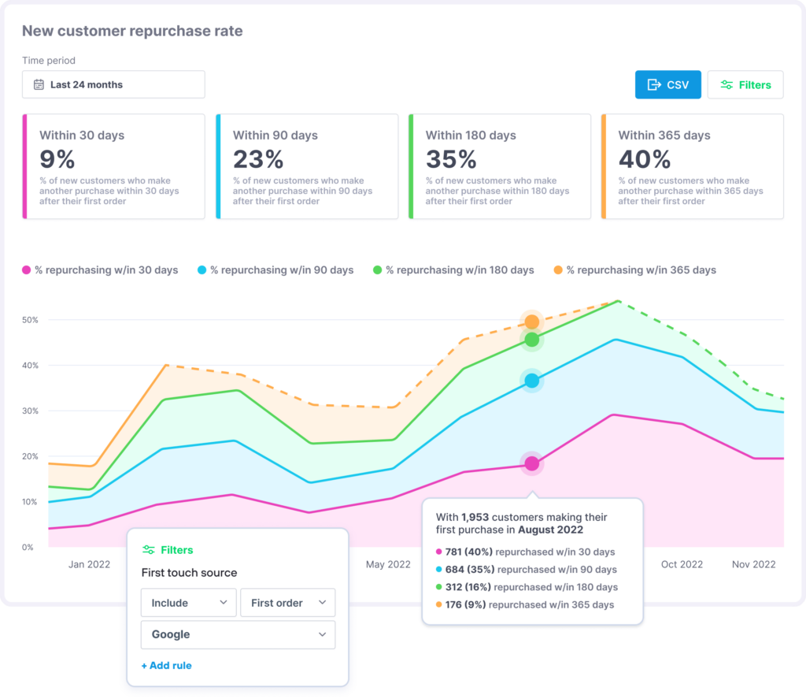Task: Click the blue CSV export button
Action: coord(667,84)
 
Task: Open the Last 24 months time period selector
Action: coord(113,84)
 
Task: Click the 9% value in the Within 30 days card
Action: coord(57,159)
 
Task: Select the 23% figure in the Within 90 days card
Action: coord(257,159)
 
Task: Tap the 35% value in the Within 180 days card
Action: coord(451,159)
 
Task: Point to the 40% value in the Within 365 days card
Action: coord(644,159)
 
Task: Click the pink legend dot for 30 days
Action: coord(27,270)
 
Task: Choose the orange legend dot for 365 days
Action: coord(558,270)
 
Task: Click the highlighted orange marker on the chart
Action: coord(532,322)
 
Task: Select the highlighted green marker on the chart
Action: coord(532,340)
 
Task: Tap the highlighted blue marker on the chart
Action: coord(532,381)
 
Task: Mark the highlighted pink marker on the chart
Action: coord(532,463)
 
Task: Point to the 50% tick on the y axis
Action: coord(31,320)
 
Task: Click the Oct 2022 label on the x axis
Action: coord(681,564)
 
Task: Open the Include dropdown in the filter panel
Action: coord(188,603)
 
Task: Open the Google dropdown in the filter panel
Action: coord(238,634)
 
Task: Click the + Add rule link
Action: coord(166,665)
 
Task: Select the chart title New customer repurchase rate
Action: coord(132,32)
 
